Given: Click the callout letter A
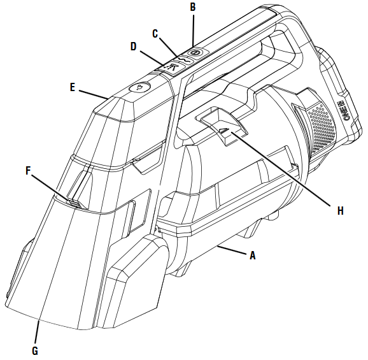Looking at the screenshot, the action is pyautogui.click(x=252, y=256).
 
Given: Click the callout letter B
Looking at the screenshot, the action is pyautogui.click(x=193, y=7).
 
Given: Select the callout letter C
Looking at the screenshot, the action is pyautogui.click(x=155, y=34).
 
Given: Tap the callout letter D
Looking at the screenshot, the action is pyautogui.click(x=133, y=47).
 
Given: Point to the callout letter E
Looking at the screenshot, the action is pyautogui.click(x=73, y=87).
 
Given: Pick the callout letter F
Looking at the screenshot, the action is pyautogui.click(x=28, y=171).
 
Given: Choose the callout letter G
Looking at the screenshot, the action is pyautogui.click(x=35, y=351).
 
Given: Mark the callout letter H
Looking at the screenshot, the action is pyautogui.click(x=341, y=211).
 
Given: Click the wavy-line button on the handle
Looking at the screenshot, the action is pyautogui.click(x=185, y=61).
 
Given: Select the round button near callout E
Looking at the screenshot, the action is pyautogui.click(x=139, y=87).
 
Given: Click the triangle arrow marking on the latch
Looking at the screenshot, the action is pyautogui.click(x=223, y=130).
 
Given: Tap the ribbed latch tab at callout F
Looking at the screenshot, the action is pyautogui.click(x=74, y=203).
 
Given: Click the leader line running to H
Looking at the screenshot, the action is pyautogui.click(x=281, y=169).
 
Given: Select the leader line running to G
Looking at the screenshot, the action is pyautogui.click(x=37, y=332).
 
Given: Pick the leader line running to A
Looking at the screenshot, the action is pyautogui.click(x=232, y=250).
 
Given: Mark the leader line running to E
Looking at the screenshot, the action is pyautogui.click(x=94, y=94).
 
